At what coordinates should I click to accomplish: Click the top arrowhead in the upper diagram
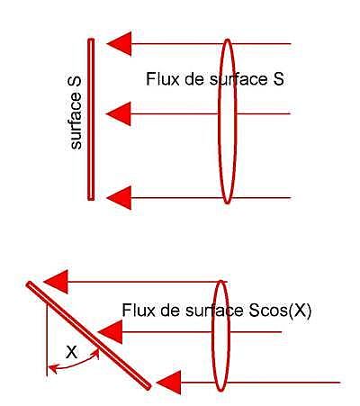121,43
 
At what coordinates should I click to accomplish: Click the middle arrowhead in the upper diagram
121,113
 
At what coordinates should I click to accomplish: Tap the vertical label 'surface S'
76,113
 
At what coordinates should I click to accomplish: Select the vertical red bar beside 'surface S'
91,120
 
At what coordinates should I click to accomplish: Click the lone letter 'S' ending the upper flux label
278,79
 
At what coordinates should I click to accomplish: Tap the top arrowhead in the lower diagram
58,282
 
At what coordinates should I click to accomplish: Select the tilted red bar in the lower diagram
88,336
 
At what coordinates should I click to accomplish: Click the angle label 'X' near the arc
72,352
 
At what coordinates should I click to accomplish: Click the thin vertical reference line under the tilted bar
47,339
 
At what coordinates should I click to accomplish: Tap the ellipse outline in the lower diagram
212,336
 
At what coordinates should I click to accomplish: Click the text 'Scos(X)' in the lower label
281,311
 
